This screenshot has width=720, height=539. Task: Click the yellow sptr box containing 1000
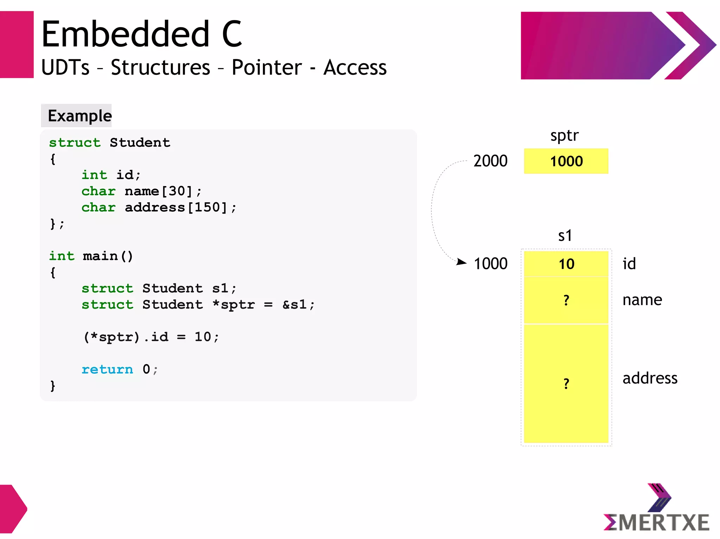(566, 161)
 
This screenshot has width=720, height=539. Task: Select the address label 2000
(490, 161)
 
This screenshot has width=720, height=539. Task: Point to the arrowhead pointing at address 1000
(462, 262)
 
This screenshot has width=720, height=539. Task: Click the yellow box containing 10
(566, 264)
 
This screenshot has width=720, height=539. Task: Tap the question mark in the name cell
(566, 300)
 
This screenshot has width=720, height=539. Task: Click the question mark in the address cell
(566, 383)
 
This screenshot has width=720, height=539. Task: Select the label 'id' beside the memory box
(629, 264)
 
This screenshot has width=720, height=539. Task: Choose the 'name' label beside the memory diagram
(642, 300)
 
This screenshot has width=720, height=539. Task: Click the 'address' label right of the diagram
(650, 378)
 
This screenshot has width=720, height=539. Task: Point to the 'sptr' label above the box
(564, 136)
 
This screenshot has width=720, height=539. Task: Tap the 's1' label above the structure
(565, 236)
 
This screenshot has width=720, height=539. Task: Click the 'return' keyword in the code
(107, 369)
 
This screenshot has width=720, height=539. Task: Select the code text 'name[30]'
(159, 191)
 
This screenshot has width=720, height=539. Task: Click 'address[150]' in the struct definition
(176, 207)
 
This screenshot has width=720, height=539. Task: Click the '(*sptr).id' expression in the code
(126, 337)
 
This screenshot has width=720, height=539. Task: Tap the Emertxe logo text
(656, 522)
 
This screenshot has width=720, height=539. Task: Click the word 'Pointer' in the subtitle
(266, 67)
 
